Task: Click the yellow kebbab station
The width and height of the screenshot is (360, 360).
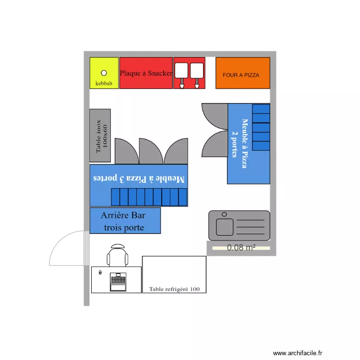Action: coord(104,73)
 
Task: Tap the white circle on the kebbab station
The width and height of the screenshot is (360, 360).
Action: coord(104,73)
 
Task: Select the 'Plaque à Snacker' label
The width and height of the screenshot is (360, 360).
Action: coord(146,73)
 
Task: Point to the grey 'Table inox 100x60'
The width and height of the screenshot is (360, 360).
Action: coord(100,135)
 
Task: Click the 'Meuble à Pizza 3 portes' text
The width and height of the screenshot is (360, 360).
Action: coord(139,179)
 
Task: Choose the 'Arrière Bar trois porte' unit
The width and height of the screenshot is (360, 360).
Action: coord(125,221)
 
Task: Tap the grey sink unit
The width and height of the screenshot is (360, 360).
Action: coord(240,225)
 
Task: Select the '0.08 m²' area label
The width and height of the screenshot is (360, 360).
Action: coord(241,248)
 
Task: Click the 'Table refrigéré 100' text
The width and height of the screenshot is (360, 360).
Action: coord(174,289)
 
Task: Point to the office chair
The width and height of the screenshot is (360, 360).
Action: coord(118,255)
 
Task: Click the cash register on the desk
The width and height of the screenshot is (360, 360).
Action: coord(118,281)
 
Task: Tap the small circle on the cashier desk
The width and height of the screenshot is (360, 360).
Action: coord(100,272)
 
